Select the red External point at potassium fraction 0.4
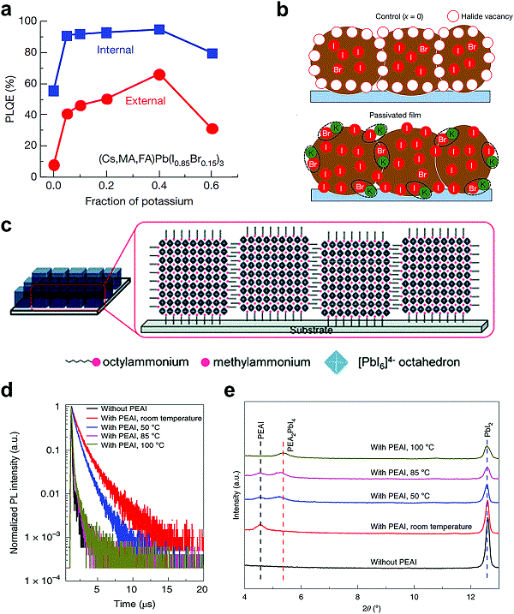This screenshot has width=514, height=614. [x=159, y=75]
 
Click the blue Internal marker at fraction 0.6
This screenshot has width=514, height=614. [x=212, y=53]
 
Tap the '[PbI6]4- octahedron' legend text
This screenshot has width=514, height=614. [x=432, y=362]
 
